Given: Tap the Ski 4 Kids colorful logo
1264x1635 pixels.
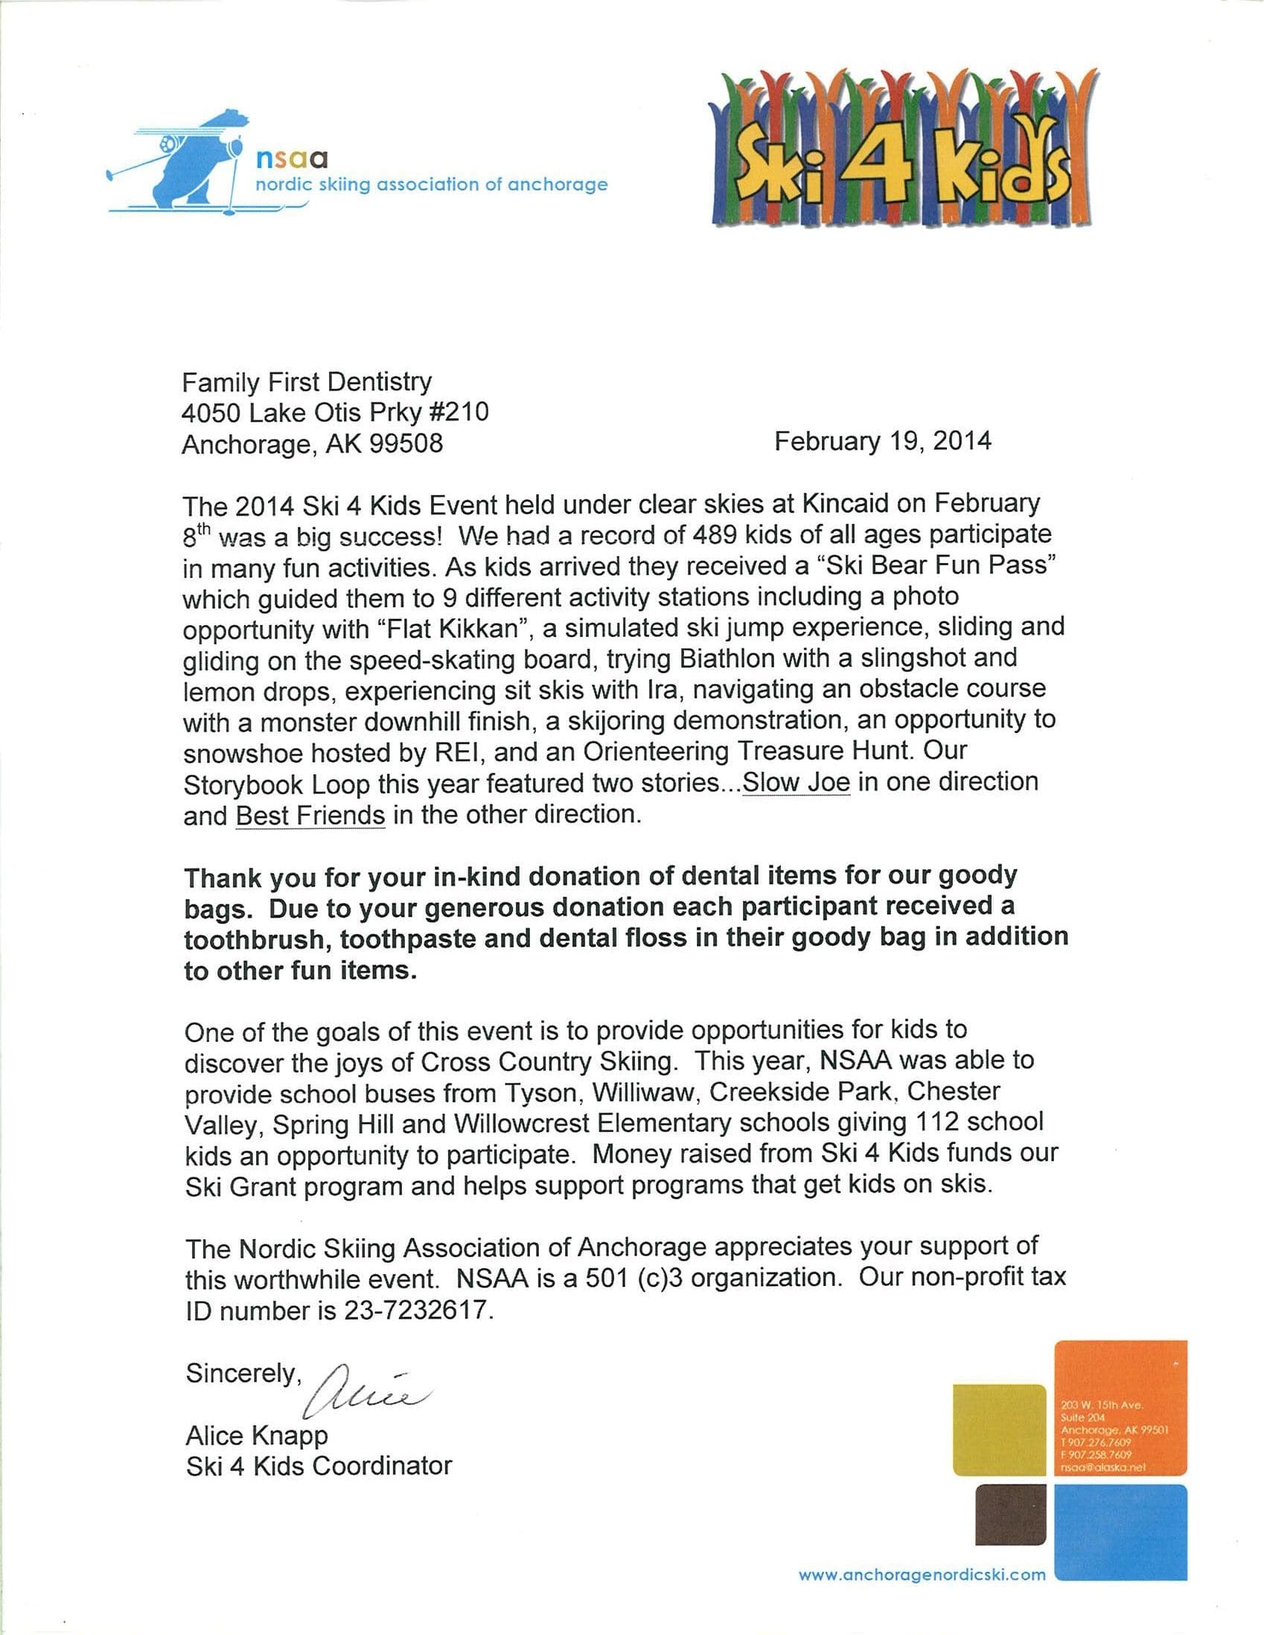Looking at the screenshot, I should [x=902, y=150].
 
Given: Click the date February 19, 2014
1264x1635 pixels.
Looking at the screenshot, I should [x=882, y=441].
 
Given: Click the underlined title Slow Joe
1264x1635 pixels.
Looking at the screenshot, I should [x=796, y=782].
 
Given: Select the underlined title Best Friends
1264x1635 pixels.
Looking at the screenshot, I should [x=310, y=814].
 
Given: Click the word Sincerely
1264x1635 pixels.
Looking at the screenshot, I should [x=243, y=1373].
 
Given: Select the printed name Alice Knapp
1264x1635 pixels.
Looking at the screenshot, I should [x=257, y=1435].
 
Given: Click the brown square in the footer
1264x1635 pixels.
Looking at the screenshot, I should [x=1010, y=1514].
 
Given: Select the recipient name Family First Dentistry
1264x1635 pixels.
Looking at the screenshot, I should [x=307, y=382].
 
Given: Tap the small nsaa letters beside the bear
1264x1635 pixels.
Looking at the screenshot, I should [x=292, y=159].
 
